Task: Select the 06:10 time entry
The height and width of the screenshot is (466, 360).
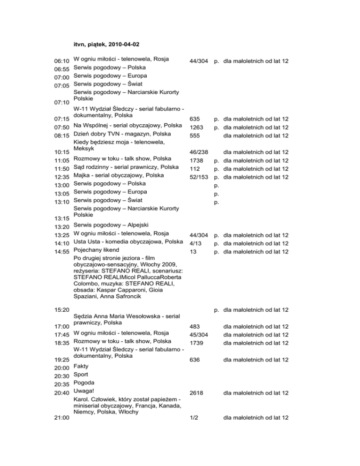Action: pos(62,61)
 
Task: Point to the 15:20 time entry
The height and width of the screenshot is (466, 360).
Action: pos(62,310)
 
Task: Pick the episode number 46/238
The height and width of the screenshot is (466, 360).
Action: pos(199,152)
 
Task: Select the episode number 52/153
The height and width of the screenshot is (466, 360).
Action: pos(199,177)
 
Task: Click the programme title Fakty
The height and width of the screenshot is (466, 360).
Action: pos(82,366)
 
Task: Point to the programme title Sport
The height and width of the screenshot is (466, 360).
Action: pos(82,374)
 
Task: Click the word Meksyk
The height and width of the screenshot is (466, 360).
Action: pos(85,147)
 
